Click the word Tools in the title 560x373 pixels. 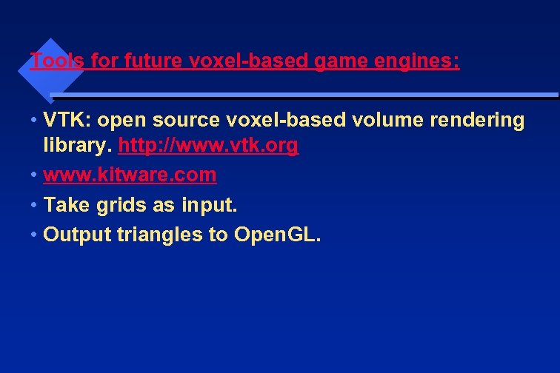[x=57, y=61]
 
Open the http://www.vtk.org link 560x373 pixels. [x=208, y=146]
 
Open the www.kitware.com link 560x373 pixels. [x=130, y=175]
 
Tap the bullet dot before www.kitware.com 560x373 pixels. [x=34, y=175]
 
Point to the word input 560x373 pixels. [x=210, y=205]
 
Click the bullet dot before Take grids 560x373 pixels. [x=34, y=205]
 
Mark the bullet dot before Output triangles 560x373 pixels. [x=34, y=235]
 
